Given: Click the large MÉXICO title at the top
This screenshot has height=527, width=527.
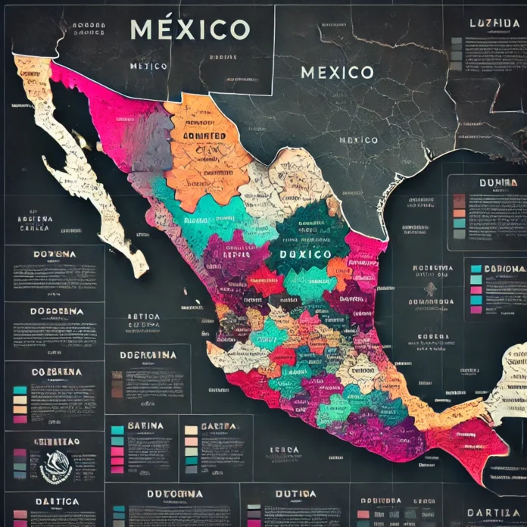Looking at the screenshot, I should (x=189, y=30).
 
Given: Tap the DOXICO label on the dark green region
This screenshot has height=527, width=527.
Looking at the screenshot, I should (x=304, y=254).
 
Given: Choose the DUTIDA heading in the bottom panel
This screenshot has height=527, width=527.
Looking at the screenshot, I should (x=295, y=494).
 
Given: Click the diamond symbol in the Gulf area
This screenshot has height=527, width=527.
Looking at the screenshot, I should (x=430, y=288).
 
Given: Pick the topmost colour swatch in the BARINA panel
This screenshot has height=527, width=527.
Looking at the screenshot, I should (x=117, y=430).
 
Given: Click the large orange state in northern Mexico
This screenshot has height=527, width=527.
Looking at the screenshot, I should (x=208, y=148).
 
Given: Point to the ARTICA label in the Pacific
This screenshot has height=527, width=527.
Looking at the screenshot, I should (x=142, y=317).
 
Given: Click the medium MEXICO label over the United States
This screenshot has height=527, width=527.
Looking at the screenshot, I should (x=337, y=73).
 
